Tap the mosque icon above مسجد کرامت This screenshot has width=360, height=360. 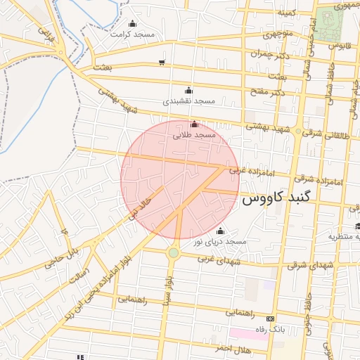click(x=132, y=24)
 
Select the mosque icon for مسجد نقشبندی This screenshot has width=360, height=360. click(x=188, y=91)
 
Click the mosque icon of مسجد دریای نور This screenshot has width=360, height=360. click(x=221, y=231)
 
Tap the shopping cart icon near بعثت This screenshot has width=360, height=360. click(x=162, y=63)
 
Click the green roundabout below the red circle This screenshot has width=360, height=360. click(x=174, y=252)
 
